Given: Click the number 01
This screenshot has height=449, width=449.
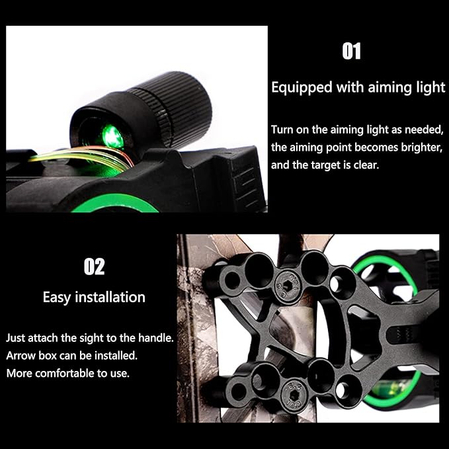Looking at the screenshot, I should pyautogui.click(x=351, y=52).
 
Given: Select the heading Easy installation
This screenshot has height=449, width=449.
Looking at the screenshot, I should pyautogui.click(x=94, y=297).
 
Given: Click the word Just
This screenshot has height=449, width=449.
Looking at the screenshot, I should pyautogui.click(x=18, y=338).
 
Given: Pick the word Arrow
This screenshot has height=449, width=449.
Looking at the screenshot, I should pyautogui.click(x=21, y=356).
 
